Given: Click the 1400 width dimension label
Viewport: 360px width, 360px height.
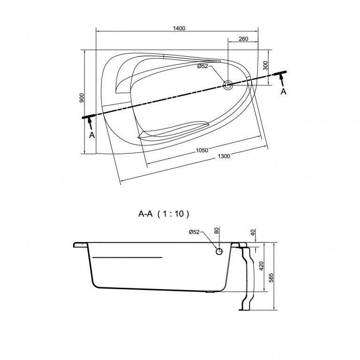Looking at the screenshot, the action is coord(179,28).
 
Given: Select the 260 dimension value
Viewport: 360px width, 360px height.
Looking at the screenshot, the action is coord(243,39).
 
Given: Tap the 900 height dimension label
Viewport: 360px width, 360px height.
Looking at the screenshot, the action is coord(83,98).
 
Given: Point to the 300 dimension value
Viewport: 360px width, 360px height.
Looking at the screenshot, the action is coord(265,66).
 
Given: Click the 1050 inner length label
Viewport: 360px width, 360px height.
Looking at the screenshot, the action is coord(202,150).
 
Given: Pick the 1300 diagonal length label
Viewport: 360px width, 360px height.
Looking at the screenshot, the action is coord(224,156).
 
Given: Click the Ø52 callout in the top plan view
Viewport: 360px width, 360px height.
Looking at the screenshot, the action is coord(202,66).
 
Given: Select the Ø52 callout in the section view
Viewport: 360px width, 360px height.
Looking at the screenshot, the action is coord(194,232).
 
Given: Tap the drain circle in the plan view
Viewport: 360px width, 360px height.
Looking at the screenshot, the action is coord(228,85).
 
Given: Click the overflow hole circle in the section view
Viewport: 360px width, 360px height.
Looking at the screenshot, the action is coord(219,252).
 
